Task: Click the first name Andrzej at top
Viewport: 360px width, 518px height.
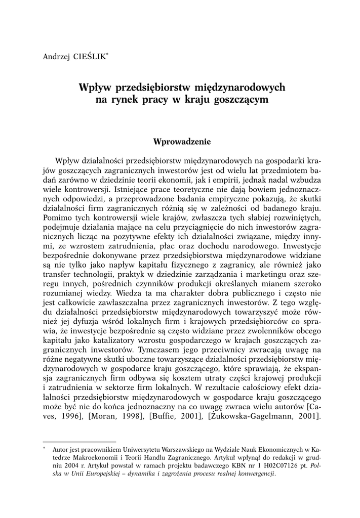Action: [56, 55]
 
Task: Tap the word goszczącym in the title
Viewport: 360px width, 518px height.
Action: [240, 100]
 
